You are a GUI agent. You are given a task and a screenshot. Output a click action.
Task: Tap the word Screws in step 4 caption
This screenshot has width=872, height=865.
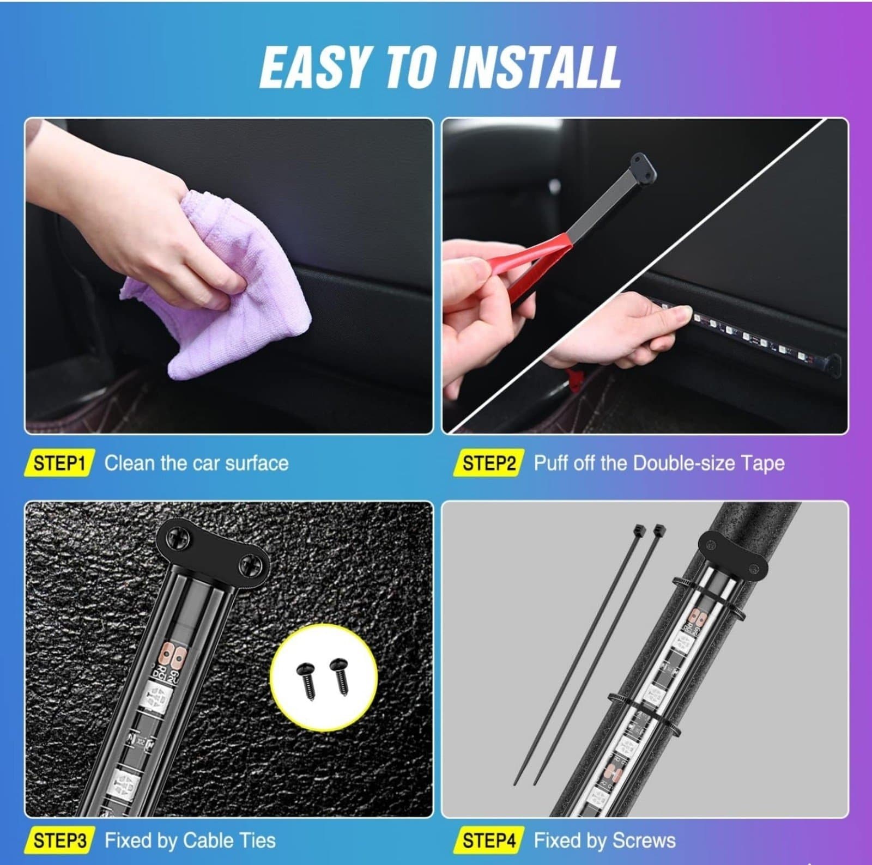tap(643, 840)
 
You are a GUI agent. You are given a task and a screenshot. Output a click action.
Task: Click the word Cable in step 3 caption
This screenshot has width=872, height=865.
tap(207, 840)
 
